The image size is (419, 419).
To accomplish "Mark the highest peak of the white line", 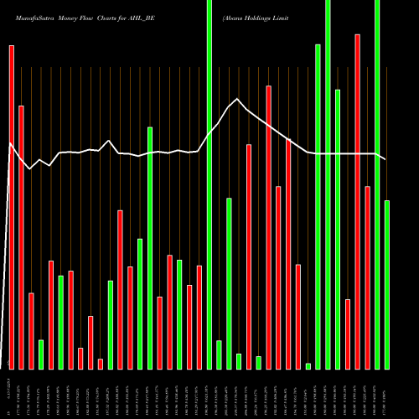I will point(238,100).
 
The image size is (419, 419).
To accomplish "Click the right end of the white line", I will point(386,159).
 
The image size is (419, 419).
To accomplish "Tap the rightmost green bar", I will point(387,285).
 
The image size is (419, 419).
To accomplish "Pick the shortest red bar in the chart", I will point(101,364).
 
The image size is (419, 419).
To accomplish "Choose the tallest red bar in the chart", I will point(357,201).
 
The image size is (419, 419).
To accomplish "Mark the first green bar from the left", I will point(41,354).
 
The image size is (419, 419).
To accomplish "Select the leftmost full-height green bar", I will point(209,184).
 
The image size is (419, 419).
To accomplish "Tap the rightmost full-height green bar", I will point(377,184).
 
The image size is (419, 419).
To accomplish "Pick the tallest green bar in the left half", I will point(150,248).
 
